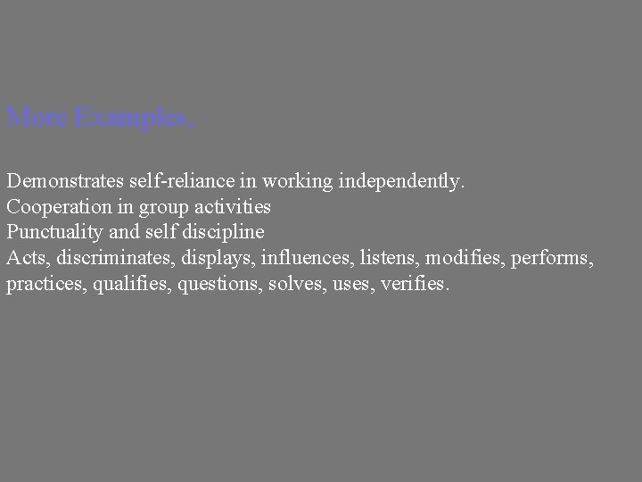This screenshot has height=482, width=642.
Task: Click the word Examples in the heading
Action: point(135,118)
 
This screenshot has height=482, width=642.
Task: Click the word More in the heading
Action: point(37,117)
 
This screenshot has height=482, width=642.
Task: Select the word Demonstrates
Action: point(68,181)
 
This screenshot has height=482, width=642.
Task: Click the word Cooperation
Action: point(57,207)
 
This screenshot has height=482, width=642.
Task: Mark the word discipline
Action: point(227,233)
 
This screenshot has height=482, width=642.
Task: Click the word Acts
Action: point(26,259)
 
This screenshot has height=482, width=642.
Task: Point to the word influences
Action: point(309,259)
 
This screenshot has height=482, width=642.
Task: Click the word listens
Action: point(391,259)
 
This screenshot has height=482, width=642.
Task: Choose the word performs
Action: point(554,259)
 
